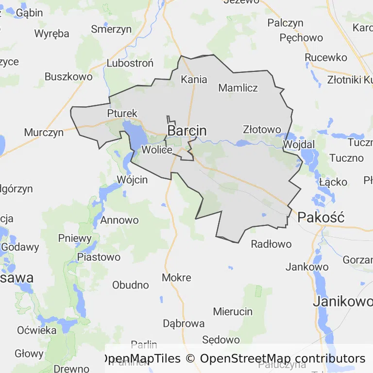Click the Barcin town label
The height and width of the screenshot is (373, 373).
(x=187, y=131)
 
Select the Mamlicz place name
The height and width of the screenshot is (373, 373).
(x=238, y=88)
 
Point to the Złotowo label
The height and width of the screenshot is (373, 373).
(x=262, y=130)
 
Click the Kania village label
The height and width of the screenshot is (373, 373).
(x=194, y=79)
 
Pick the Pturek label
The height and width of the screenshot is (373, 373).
(x=122, y=114)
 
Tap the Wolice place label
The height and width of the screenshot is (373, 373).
(x=157, y=150)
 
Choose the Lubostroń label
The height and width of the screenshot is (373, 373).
(x=130, y=63)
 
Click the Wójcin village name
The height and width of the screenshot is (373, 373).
(x=132, y=180)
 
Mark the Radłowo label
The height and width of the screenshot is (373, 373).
(x=271, y=244)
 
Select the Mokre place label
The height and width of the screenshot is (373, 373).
(x=176, y=278)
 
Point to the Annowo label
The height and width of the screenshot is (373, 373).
(x=119, y=220)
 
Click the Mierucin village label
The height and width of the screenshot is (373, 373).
(x=233, y=312)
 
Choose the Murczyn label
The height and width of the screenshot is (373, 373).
(x=44, y=133)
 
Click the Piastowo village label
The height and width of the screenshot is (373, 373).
(x=99, y=257)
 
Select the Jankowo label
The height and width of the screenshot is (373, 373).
(x=307, y=267)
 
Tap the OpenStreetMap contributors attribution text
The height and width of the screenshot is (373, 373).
(x=282, y=359)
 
